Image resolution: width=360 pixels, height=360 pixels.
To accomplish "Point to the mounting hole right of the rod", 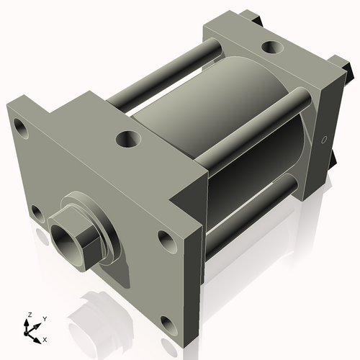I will (x=166, y=240).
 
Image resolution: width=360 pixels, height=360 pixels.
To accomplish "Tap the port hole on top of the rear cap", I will (x=273, y=48).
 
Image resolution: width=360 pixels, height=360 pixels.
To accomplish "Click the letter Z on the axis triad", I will (x=30, y=315).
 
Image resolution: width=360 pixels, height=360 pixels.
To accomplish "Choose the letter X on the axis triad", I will (x=45, y=338).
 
